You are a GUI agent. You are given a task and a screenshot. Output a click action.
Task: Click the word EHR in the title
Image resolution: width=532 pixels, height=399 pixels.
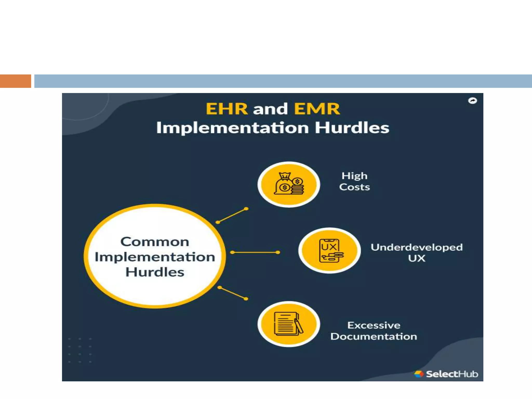coord(227,109)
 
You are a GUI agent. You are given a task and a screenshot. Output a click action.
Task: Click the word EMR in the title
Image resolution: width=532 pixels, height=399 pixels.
coord(317,109)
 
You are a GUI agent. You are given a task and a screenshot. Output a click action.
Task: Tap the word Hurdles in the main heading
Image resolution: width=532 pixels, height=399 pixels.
coord(352,128)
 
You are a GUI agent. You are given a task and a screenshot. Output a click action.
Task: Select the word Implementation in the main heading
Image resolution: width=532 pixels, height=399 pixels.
coord(232,128)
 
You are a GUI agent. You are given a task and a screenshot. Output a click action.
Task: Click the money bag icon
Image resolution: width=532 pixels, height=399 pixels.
coord(289,184)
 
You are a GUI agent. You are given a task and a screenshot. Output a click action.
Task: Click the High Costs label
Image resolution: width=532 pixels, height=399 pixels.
coord(354,181)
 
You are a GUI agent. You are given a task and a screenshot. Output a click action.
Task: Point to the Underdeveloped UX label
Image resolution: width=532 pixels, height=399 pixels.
coord(416,252)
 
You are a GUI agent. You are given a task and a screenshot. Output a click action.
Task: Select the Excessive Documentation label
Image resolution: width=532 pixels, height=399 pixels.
coord(374,331)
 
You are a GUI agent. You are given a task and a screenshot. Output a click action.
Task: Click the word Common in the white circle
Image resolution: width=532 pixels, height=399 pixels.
coord(155,242)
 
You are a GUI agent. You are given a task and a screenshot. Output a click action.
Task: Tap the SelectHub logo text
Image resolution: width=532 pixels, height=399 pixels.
coord(452,374)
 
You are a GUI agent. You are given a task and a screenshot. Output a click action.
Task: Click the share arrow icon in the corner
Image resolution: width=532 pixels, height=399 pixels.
coord(473,101)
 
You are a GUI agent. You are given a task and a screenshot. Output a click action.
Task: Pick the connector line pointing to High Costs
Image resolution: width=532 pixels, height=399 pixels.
coord(232,216)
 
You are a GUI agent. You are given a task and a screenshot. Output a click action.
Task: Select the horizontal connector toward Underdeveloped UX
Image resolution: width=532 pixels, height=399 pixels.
coord(255,252)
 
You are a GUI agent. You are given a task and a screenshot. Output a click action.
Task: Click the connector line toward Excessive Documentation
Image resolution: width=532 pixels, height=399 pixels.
coord(233,293)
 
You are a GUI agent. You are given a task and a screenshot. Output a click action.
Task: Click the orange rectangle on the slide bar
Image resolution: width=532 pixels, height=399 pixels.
coord(15,81)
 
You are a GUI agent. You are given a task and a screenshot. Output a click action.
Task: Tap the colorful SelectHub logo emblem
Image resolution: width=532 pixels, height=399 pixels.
coord(418,374)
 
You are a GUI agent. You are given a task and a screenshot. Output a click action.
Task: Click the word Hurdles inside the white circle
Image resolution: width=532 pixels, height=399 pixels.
coord(155,272)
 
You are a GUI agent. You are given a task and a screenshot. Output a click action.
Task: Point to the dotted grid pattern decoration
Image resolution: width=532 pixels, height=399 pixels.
coord(80,350)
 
